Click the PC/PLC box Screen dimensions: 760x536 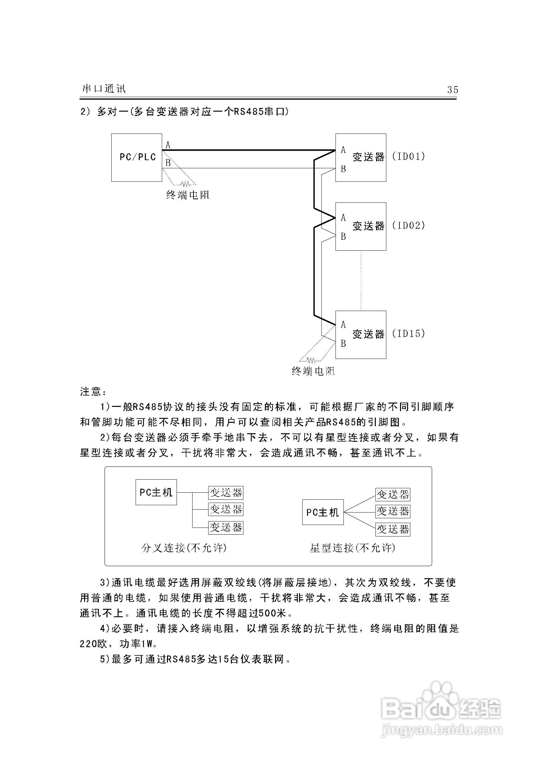pyautogui.click(x=137, y=157)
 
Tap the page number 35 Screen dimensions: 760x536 pyautogui.click(x=453, y=90)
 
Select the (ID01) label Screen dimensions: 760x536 pyautogui.click(x=408, y=156)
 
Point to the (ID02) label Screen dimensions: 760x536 pyautogui.click(x=408, y=225)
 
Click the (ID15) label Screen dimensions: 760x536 pyautogui.click(x=408, y=333)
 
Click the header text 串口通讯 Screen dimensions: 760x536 pyautogui.click(x=104, y=89)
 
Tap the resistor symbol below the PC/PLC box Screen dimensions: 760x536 pyautogui.click(x=185, y=183)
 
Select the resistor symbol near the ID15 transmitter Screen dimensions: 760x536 pyautogui.click(x=311, y=360)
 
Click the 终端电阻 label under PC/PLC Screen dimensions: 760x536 pyautogui.click(x=188, y=195)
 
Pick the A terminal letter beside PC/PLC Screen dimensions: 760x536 pyautogui.click(x=168, y=145)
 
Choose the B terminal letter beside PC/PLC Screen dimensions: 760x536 pyautogui.click(x=168, y=163)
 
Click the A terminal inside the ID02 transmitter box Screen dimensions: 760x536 pyautogui.click(x=343, y=217)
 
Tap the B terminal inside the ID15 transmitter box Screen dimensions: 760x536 pyautogui.click(x=343, y=344)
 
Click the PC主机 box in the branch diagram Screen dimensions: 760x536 pyautogui.click(x=156, y=492)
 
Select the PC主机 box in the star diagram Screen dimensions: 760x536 pyautogui.click(x=323, y=513)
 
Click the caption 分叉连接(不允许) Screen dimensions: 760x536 pyautogui.click(x=184, y=548)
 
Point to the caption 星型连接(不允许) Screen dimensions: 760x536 pyautogui.click(x=352, y=548)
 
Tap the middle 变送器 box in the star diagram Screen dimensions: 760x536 pyautogui.click(x=392, y=512)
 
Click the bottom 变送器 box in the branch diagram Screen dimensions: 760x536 pyautogui.click(x=226, y=527)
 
